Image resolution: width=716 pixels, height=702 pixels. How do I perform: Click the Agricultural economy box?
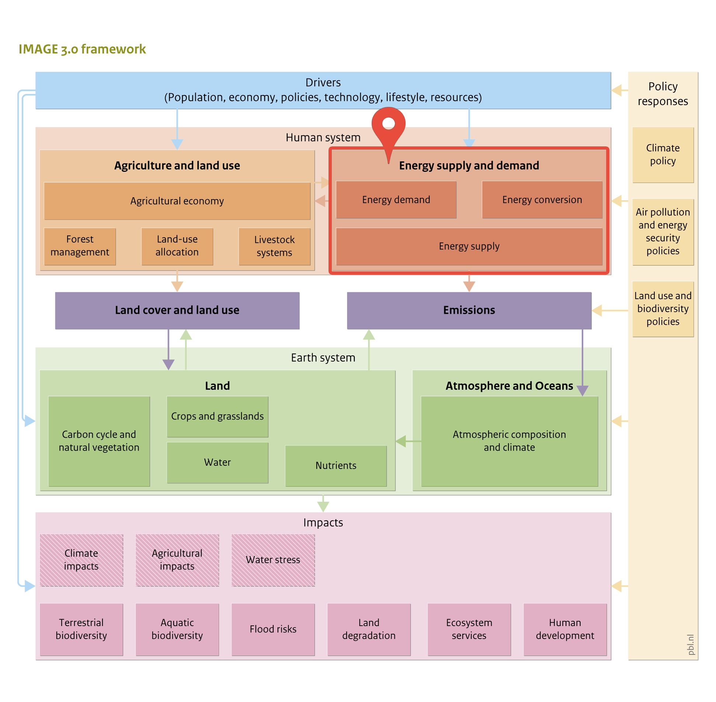177,201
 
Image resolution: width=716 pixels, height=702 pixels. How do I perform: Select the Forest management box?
80,246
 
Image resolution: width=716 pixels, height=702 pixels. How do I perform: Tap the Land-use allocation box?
177,246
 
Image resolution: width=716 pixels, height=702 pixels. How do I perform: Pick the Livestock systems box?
274,246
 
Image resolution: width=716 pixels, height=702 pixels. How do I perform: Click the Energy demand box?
396,199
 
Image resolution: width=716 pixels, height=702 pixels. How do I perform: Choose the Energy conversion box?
542,199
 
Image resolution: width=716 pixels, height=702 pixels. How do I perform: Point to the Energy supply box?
469,246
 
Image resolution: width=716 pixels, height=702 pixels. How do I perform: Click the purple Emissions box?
469,310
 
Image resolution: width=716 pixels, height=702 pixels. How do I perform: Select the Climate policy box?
663,154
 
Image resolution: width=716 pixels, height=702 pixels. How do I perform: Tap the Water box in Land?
217,462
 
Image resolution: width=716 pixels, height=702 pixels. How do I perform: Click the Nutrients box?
336,466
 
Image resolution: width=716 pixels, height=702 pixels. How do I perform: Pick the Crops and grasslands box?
217,416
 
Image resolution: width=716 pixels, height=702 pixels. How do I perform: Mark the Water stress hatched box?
273,560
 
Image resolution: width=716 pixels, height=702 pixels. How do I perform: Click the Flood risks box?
273,629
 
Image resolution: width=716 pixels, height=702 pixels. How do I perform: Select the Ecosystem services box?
469,629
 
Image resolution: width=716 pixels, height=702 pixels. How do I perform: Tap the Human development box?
565,629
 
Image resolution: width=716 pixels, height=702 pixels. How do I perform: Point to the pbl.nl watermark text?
691,644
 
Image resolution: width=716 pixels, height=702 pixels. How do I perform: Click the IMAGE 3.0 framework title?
82,49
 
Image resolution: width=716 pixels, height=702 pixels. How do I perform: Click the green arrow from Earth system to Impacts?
323,503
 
